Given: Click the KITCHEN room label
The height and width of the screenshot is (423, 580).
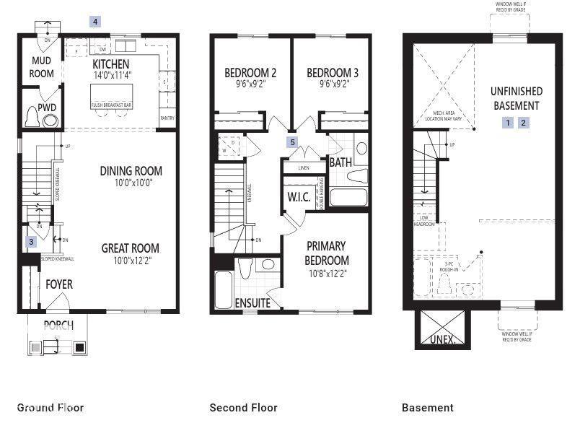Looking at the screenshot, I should click(110, 64).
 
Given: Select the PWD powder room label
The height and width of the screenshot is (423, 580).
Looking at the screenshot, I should click(48, 108).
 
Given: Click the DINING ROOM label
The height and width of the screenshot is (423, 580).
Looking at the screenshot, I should click(131, 171).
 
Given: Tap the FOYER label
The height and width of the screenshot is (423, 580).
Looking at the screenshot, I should click(59, 284).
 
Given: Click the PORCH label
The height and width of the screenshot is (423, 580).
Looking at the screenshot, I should click(58, 324).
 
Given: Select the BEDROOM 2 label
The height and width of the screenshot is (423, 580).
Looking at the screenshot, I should click(250, 72).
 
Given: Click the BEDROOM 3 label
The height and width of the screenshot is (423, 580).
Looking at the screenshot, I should click(333, 72).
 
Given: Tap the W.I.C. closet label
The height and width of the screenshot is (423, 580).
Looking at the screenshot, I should click(298, 196).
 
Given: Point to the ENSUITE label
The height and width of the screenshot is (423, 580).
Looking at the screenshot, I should click(252, 303).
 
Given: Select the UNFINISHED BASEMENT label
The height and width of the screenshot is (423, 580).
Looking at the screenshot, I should click(517, 99).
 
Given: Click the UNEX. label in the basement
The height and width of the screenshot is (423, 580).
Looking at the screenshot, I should click(443, 339).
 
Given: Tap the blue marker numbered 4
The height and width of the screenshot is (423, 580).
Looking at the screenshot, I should click(95, 22).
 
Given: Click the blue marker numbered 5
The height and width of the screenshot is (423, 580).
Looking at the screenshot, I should click(292, 142).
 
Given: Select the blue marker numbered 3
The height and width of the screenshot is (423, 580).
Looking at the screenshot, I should click(31, 242).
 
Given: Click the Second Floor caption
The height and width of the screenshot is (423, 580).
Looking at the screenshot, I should click(243, 408).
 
